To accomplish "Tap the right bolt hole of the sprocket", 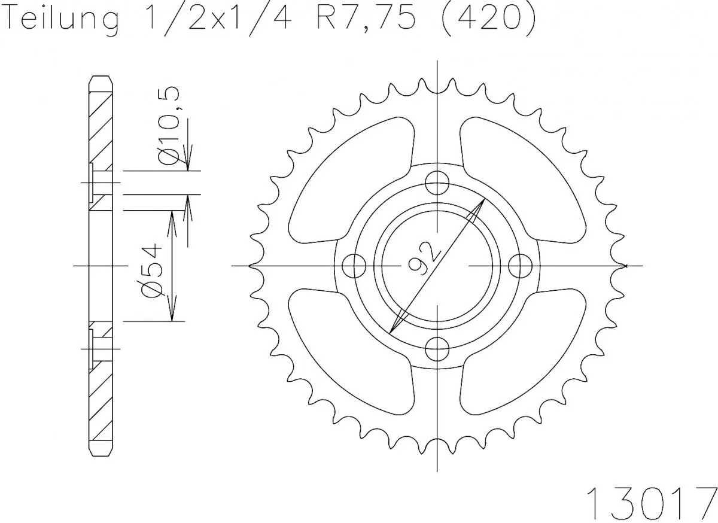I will pyautogui.click(x=521, y=264).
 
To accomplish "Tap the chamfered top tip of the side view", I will pyautogui.click(x=101, y=80).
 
